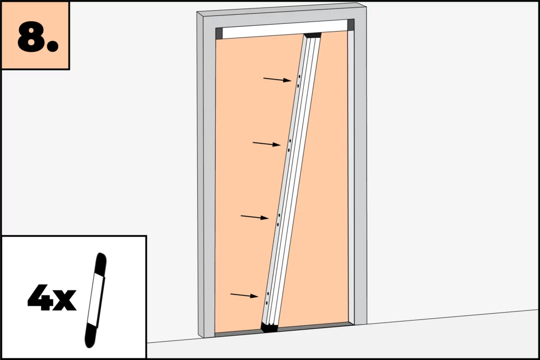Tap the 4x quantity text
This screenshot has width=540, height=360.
click(x=52, y=297)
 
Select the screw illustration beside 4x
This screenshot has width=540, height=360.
click(x=95, y=300)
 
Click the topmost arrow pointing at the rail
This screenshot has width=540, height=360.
click(x=277, y=80)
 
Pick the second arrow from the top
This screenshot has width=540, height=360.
click(x=266, y=144)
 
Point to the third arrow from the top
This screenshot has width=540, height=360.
click(x=255, y=217)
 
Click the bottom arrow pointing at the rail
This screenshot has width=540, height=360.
click(x=244, y=295)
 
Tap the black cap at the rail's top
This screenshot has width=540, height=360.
click(x=313, y=35)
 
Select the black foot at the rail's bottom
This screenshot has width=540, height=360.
click(x=269, y=327)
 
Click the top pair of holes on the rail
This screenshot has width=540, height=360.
click(x=299, y=81)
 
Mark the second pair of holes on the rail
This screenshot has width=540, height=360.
click(x=290, y=145)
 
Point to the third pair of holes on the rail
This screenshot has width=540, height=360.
click(x=278, y=220)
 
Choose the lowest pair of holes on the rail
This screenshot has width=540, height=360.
click(x=267, y=298)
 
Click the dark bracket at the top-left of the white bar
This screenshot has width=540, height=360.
click(x=219, y=33)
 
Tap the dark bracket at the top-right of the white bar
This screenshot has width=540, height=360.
click(x=351, y=24)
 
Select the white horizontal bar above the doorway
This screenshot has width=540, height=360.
click(x=285, y=29)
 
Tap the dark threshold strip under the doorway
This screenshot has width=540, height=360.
click(x=283, y=329)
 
